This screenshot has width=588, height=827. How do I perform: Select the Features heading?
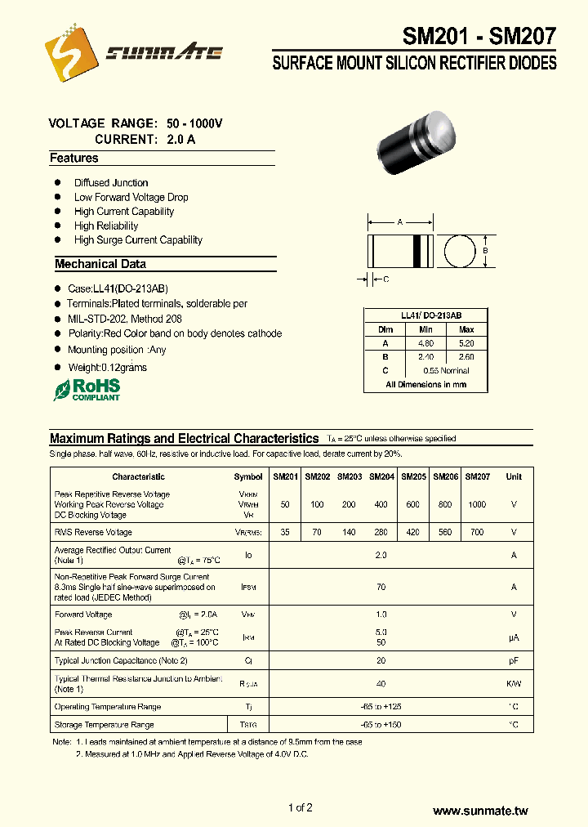[x=74, y=159]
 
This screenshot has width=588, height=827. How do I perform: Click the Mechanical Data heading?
[x=100, y=264]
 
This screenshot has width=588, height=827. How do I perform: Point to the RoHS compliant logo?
[x=87, y=389]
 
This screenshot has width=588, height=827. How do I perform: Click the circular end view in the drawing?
[x=461, y=252]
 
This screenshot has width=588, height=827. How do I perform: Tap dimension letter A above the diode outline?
[x=400, y=222]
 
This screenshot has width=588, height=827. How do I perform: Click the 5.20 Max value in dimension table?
[x=466, y=343]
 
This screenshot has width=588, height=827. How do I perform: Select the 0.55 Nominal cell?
[x=446, y=370]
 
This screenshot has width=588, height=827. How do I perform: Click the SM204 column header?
[x=381, y=476]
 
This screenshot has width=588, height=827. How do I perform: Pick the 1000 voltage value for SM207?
[x=477, y=504]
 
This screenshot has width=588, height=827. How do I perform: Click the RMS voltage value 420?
[x=413, y=532]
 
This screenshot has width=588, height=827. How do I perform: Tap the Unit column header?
[x=514, y=476]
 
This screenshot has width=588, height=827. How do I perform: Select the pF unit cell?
[x=514, y=660]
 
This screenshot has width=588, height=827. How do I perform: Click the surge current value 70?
[x=381, y=587]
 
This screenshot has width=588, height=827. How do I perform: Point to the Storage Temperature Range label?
[x=104, y=725]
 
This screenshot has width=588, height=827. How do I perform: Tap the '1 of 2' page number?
[x=300, y=808]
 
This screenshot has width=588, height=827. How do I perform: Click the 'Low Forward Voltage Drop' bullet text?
[x=131, y=197]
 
